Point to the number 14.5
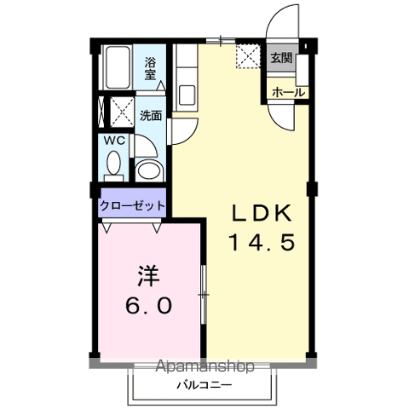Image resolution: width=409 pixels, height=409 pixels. [262, 243]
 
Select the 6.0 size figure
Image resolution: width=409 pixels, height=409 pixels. [150, 303]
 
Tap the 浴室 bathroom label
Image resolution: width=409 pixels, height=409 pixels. [150, 67]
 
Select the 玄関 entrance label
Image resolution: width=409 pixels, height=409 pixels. [281, 59]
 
